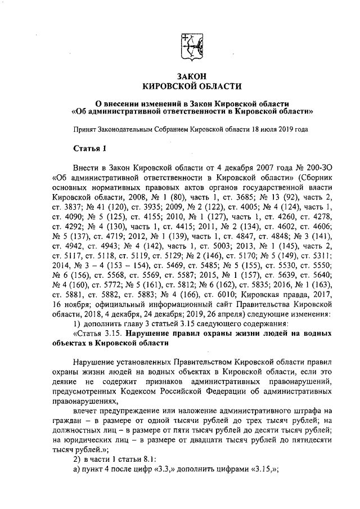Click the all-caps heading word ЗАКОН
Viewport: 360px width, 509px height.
[x=192, y=76]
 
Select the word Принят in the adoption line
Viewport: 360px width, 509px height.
[x=85, y=129]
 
